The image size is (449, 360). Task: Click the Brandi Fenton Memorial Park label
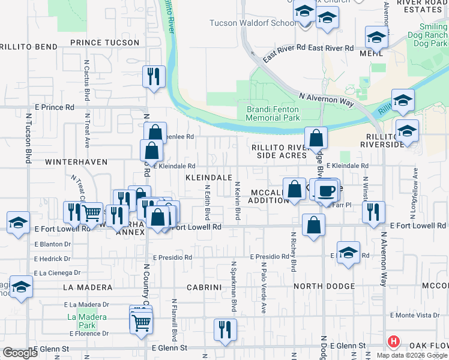[273, 114]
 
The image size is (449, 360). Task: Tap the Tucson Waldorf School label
[252, 23]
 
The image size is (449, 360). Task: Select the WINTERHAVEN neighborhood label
[63, 162]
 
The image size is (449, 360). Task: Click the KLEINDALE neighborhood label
[209, 178]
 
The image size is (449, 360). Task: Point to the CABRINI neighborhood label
[205, 287]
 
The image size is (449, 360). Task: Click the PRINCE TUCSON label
[104, 43]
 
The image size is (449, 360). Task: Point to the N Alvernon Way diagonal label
[326, 100]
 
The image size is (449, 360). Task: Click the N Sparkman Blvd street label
[234, 287]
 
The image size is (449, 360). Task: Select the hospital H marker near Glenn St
[394, 342]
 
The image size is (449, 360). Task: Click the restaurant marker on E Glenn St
[225, 330]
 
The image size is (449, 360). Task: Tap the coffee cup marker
[326, 191]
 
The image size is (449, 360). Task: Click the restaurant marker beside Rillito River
[154, 77]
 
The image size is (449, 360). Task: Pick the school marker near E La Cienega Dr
[22, 287]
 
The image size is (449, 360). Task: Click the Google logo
[20, 353]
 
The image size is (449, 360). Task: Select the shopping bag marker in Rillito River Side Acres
[316, 139]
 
